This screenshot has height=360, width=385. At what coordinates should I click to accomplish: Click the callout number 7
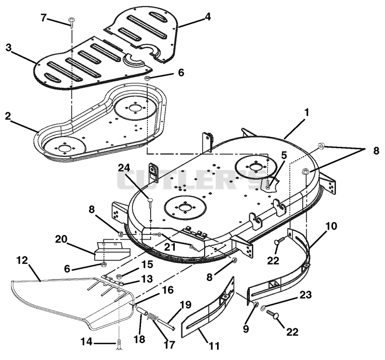tap(44, 18)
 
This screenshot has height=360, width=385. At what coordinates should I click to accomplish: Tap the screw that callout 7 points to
tap(72, 23)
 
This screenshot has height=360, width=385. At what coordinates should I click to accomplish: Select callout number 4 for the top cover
tap(208, 17)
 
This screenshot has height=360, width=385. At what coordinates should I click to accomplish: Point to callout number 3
tap(9, 48)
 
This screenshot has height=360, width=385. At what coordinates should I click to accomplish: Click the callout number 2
tap(8, 116)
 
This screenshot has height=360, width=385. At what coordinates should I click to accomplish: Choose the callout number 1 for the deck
tap(307, 113)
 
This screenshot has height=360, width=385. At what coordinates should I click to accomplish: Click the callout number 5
tap(284, 155)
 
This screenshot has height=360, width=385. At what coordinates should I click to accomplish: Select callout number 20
tap(61, 239)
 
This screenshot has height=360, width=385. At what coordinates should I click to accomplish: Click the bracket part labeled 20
tap(112, 251)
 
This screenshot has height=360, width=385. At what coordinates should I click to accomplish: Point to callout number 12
tap(22, 260)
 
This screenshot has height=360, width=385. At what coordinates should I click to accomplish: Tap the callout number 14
tap(87, 342)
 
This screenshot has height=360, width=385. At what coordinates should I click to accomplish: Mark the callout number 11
tap(214, 346)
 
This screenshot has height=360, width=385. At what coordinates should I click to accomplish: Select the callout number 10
tap(332, 226)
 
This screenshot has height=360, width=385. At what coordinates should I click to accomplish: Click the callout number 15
tap(148, 265)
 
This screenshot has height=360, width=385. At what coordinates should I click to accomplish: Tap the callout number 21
tap(170, 247)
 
